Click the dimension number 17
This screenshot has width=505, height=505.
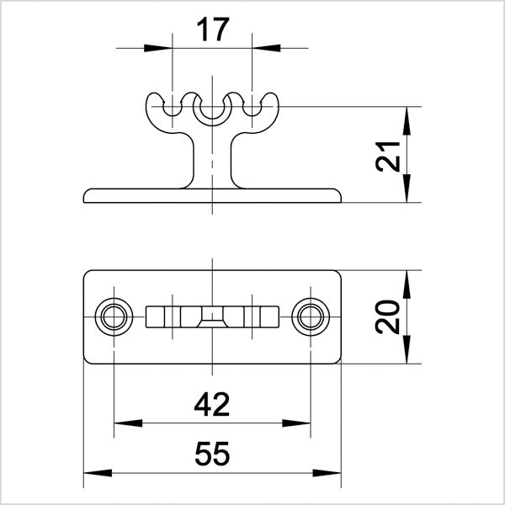click(211, 30)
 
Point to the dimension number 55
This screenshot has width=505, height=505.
click(211, 455)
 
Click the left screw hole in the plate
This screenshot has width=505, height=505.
click(112, 317)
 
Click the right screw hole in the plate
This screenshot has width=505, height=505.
click(311, 317)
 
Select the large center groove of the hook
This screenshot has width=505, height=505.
click(211, 109)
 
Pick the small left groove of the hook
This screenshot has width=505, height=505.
click(173, 109)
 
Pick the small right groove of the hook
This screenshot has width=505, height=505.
click(251, 109)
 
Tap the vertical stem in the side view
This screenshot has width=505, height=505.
click(211, 160)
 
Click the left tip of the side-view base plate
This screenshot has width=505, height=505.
click(86, 198)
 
